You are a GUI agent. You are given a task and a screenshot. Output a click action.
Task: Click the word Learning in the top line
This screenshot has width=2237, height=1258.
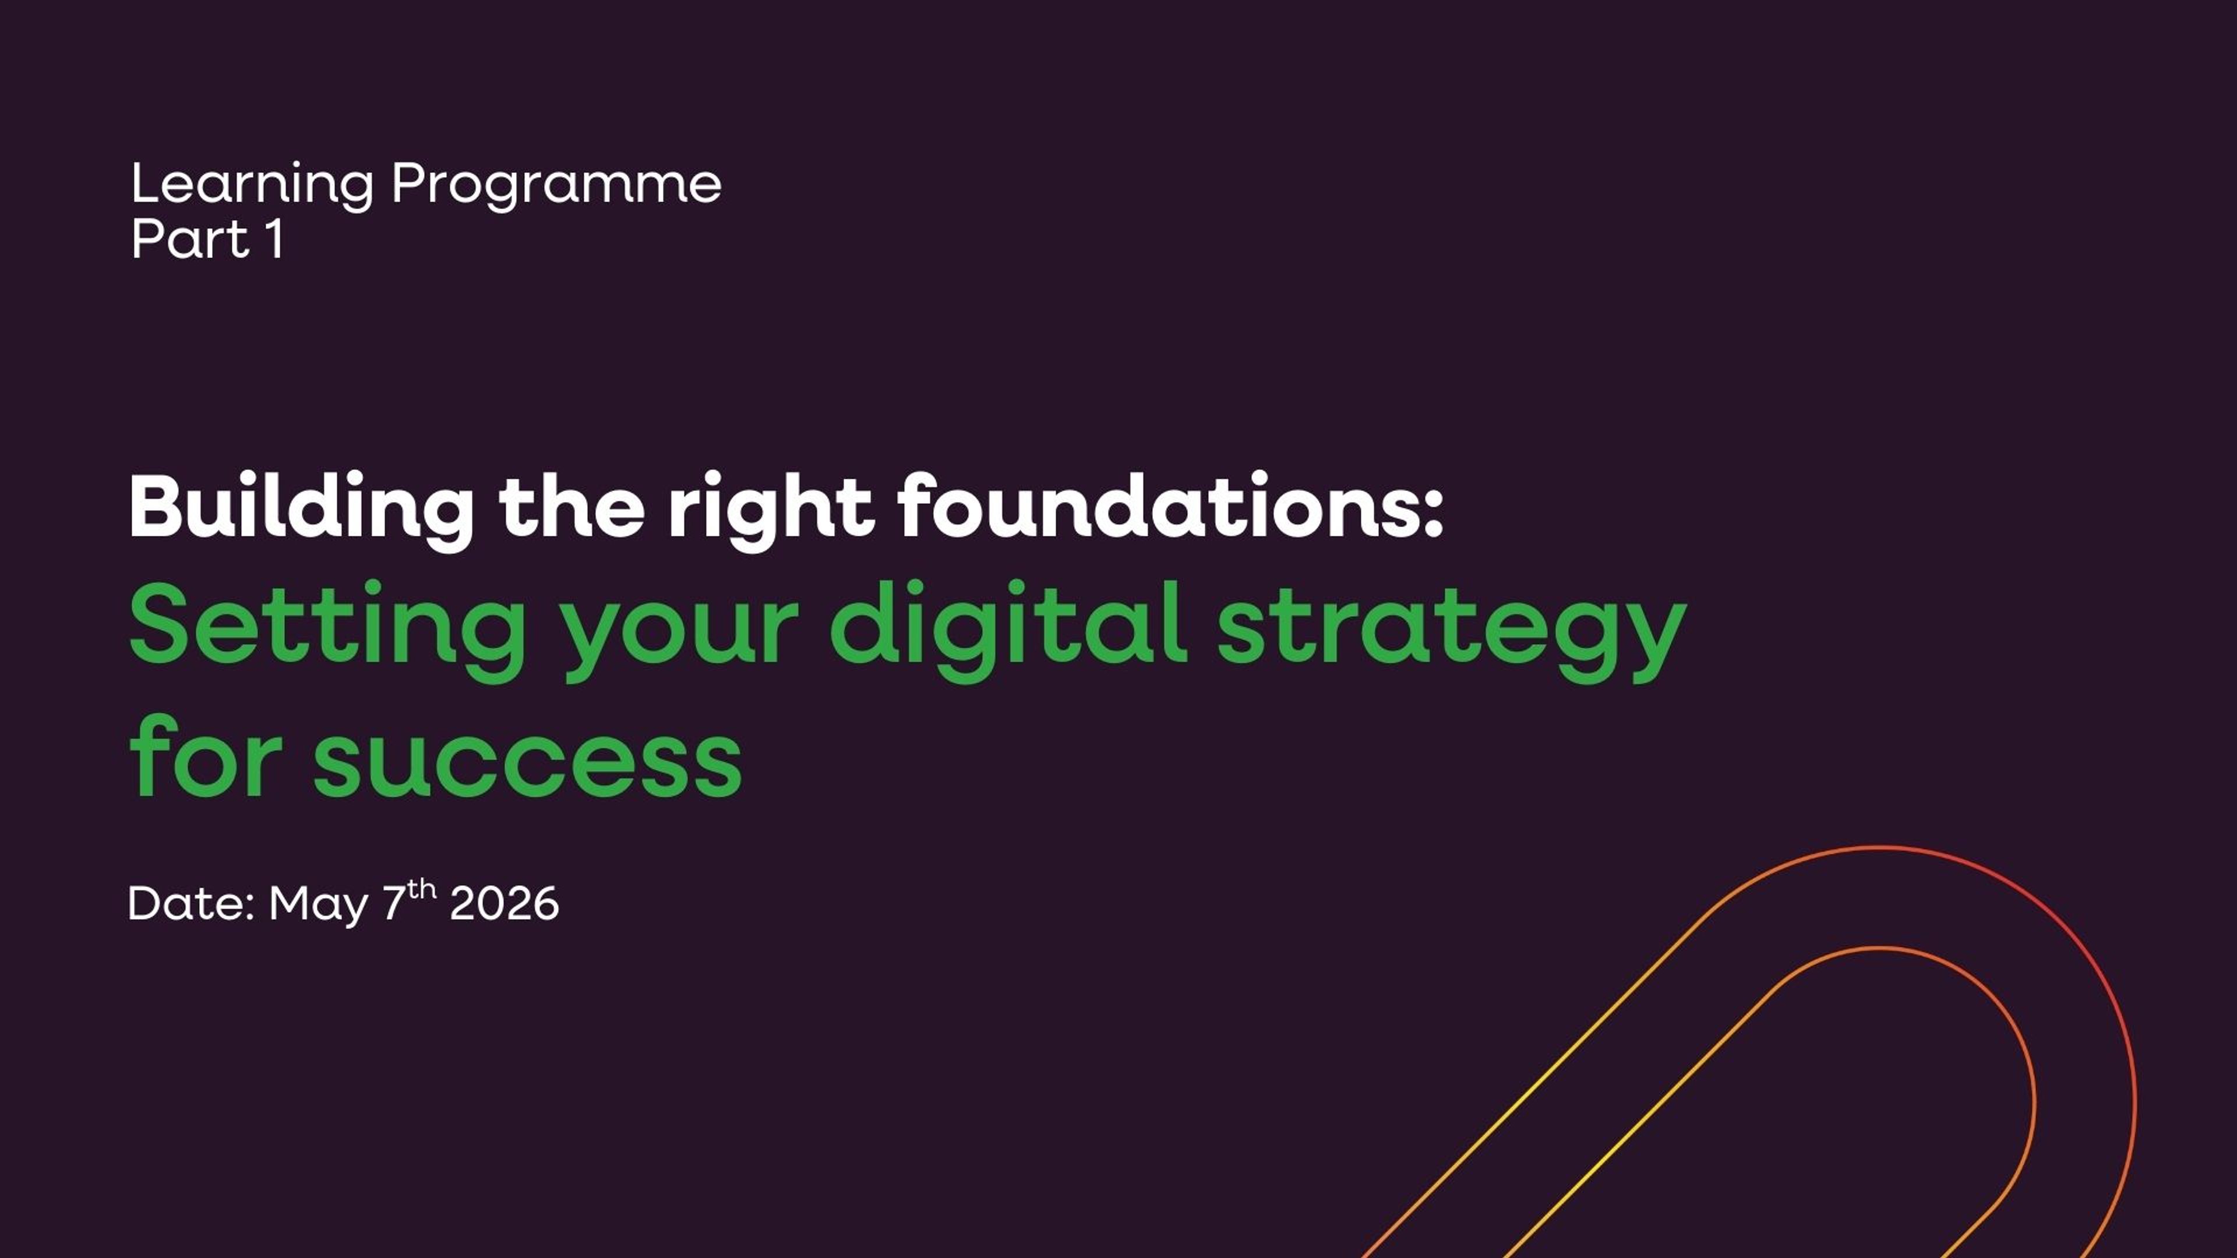point(252,185)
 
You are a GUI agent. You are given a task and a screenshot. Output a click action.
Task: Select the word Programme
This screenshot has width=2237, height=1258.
point(556,185)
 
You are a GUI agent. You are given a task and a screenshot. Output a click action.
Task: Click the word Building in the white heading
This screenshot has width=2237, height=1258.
point(301,508)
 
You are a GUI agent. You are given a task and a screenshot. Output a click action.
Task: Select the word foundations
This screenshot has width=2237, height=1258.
point(1159,508)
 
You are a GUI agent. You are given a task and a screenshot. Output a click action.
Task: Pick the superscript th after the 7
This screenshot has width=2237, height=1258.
point(422,889)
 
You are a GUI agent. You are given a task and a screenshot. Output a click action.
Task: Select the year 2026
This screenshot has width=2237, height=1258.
point(504,904)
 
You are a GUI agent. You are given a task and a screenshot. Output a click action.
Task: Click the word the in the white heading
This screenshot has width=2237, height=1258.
point(571,508)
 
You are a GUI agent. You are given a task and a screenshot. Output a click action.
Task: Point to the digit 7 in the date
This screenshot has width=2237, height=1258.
point(394,904)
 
